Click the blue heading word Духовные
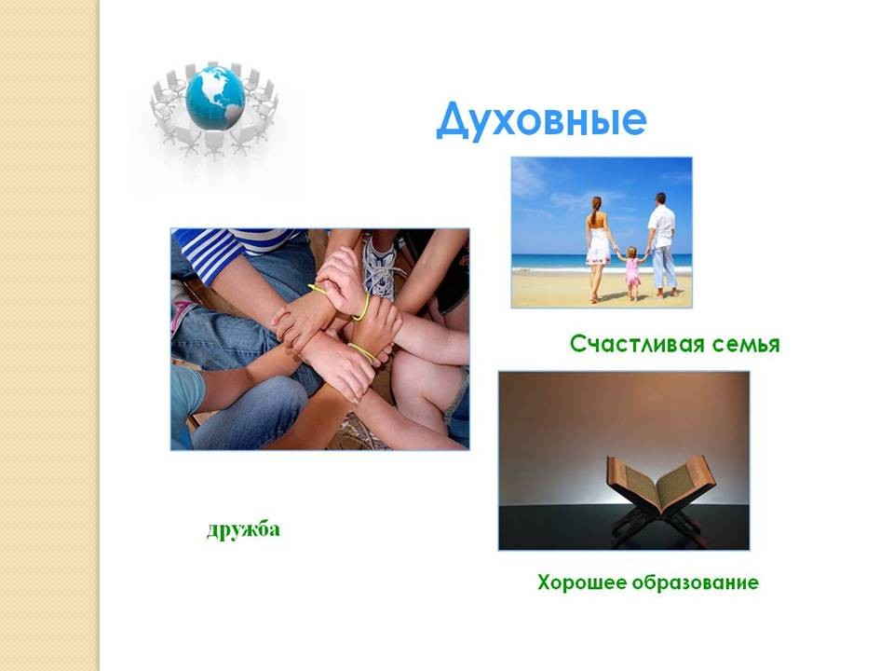[x=542, y=120]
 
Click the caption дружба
[x=243, y=529]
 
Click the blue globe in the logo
[x=215, y=98]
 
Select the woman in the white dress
[x=598, y=249]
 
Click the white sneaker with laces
[x=380, y=268]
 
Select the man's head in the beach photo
[x=660, y=199]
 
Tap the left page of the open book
[x=633, y=482]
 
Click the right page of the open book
[x=686, y=481]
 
